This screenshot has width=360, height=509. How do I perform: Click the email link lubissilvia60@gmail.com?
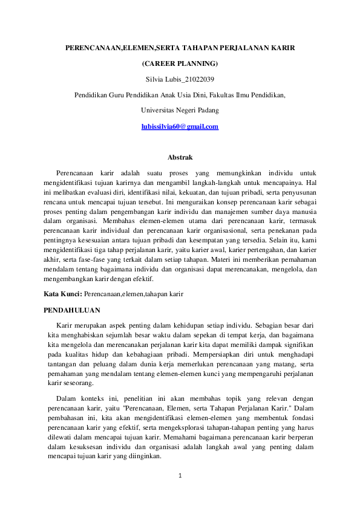180,126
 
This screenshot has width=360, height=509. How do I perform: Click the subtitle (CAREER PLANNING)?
180,63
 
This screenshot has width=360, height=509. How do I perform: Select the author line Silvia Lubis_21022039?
180,79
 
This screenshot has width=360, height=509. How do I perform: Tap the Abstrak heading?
180,157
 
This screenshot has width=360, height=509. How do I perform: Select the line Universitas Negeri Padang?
180,110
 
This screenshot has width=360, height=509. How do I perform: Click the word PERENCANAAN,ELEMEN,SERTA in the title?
115,47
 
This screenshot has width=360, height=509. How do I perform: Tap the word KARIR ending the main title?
283,47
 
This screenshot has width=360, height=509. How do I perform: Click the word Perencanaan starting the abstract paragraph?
76,173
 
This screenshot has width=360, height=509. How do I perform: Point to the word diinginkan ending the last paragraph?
144,456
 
